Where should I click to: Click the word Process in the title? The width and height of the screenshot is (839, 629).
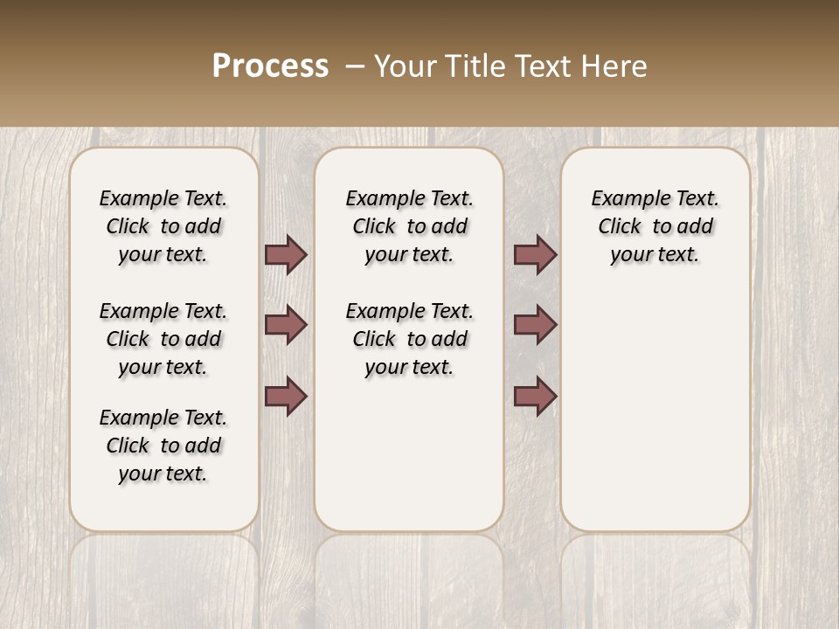270,66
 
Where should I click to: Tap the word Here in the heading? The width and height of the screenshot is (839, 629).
614,66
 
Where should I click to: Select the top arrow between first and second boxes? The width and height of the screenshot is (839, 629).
286,254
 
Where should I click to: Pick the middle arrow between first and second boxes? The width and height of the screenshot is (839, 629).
286,325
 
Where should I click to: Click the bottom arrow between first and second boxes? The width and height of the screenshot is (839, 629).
286,397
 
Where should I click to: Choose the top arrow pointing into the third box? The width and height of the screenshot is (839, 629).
535,254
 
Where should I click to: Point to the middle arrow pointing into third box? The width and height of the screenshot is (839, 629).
535,325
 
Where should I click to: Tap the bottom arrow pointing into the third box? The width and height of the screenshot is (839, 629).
535,397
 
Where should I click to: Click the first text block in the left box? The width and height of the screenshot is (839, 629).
163,226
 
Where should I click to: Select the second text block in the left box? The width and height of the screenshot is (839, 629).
163,339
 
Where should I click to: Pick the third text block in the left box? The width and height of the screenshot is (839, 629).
163,446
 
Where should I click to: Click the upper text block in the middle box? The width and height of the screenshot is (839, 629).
409,226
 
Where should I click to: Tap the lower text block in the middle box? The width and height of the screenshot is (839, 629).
409,339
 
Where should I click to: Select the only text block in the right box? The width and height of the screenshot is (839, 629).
655,226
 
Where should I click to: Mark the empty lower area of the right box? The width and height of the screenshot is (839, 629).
655,411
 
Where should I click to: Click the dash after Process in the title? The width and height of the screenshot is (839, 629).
355,66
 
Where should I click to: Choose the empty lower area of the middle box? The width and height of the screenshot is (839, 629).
409,454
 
